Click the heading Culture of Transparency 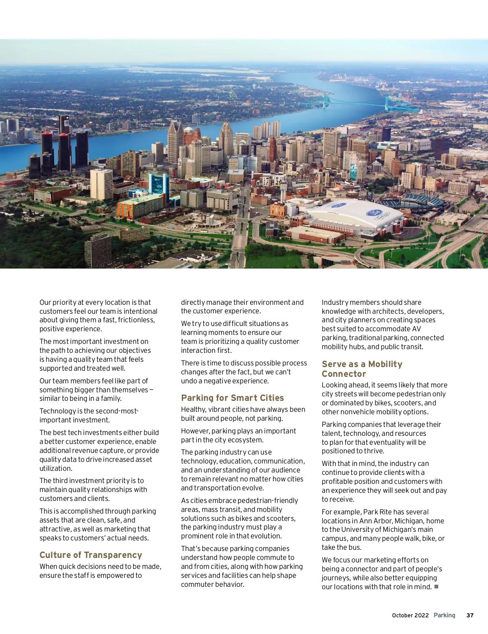point(91,555)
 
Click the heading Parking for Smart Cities point(232,398)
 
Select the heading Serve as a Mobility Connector point(362,369)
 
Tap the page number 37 point(470,615)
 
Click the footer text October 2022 point(410,615)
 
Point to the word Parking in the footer point(444,615)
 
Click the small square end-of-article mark point(436,586)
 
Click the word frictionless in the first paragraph point(136,320)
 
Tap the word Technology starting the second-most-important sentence point(58,411)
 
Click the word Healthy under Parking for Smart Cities point(194,409)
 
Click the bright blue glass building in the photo point(159,183)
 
